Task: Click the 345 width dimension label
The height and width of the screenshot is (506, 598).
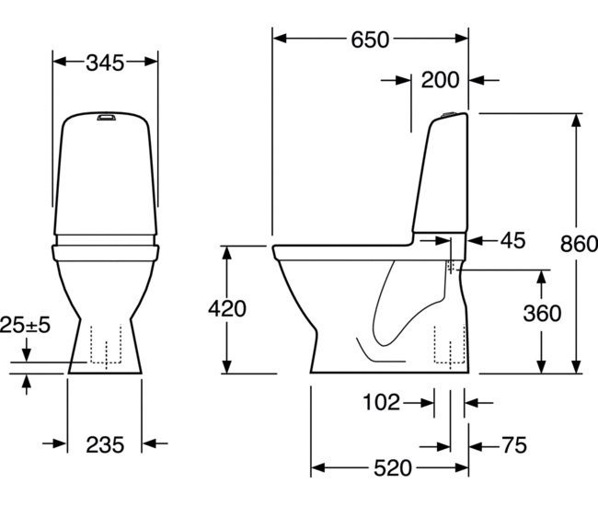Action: coord(107,63)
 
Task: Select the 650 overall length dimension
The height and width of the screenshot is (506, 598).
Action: coord(370,39)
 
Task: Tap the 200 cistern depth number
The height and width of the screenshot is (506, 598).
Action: coord(440,80)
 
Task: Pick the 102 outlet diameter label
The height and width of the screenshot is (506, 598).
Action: coord(382,402)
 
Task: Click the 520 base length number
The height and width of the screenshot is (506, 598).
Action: coord(392,469)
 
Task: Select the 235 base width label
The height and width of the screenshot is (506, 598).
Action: coord(105,445)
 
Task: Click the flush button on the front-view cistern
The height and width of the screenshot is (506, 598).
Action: coord(106,117)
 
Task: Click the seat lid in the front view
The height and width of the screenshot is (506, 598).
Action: coord(105,244)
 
